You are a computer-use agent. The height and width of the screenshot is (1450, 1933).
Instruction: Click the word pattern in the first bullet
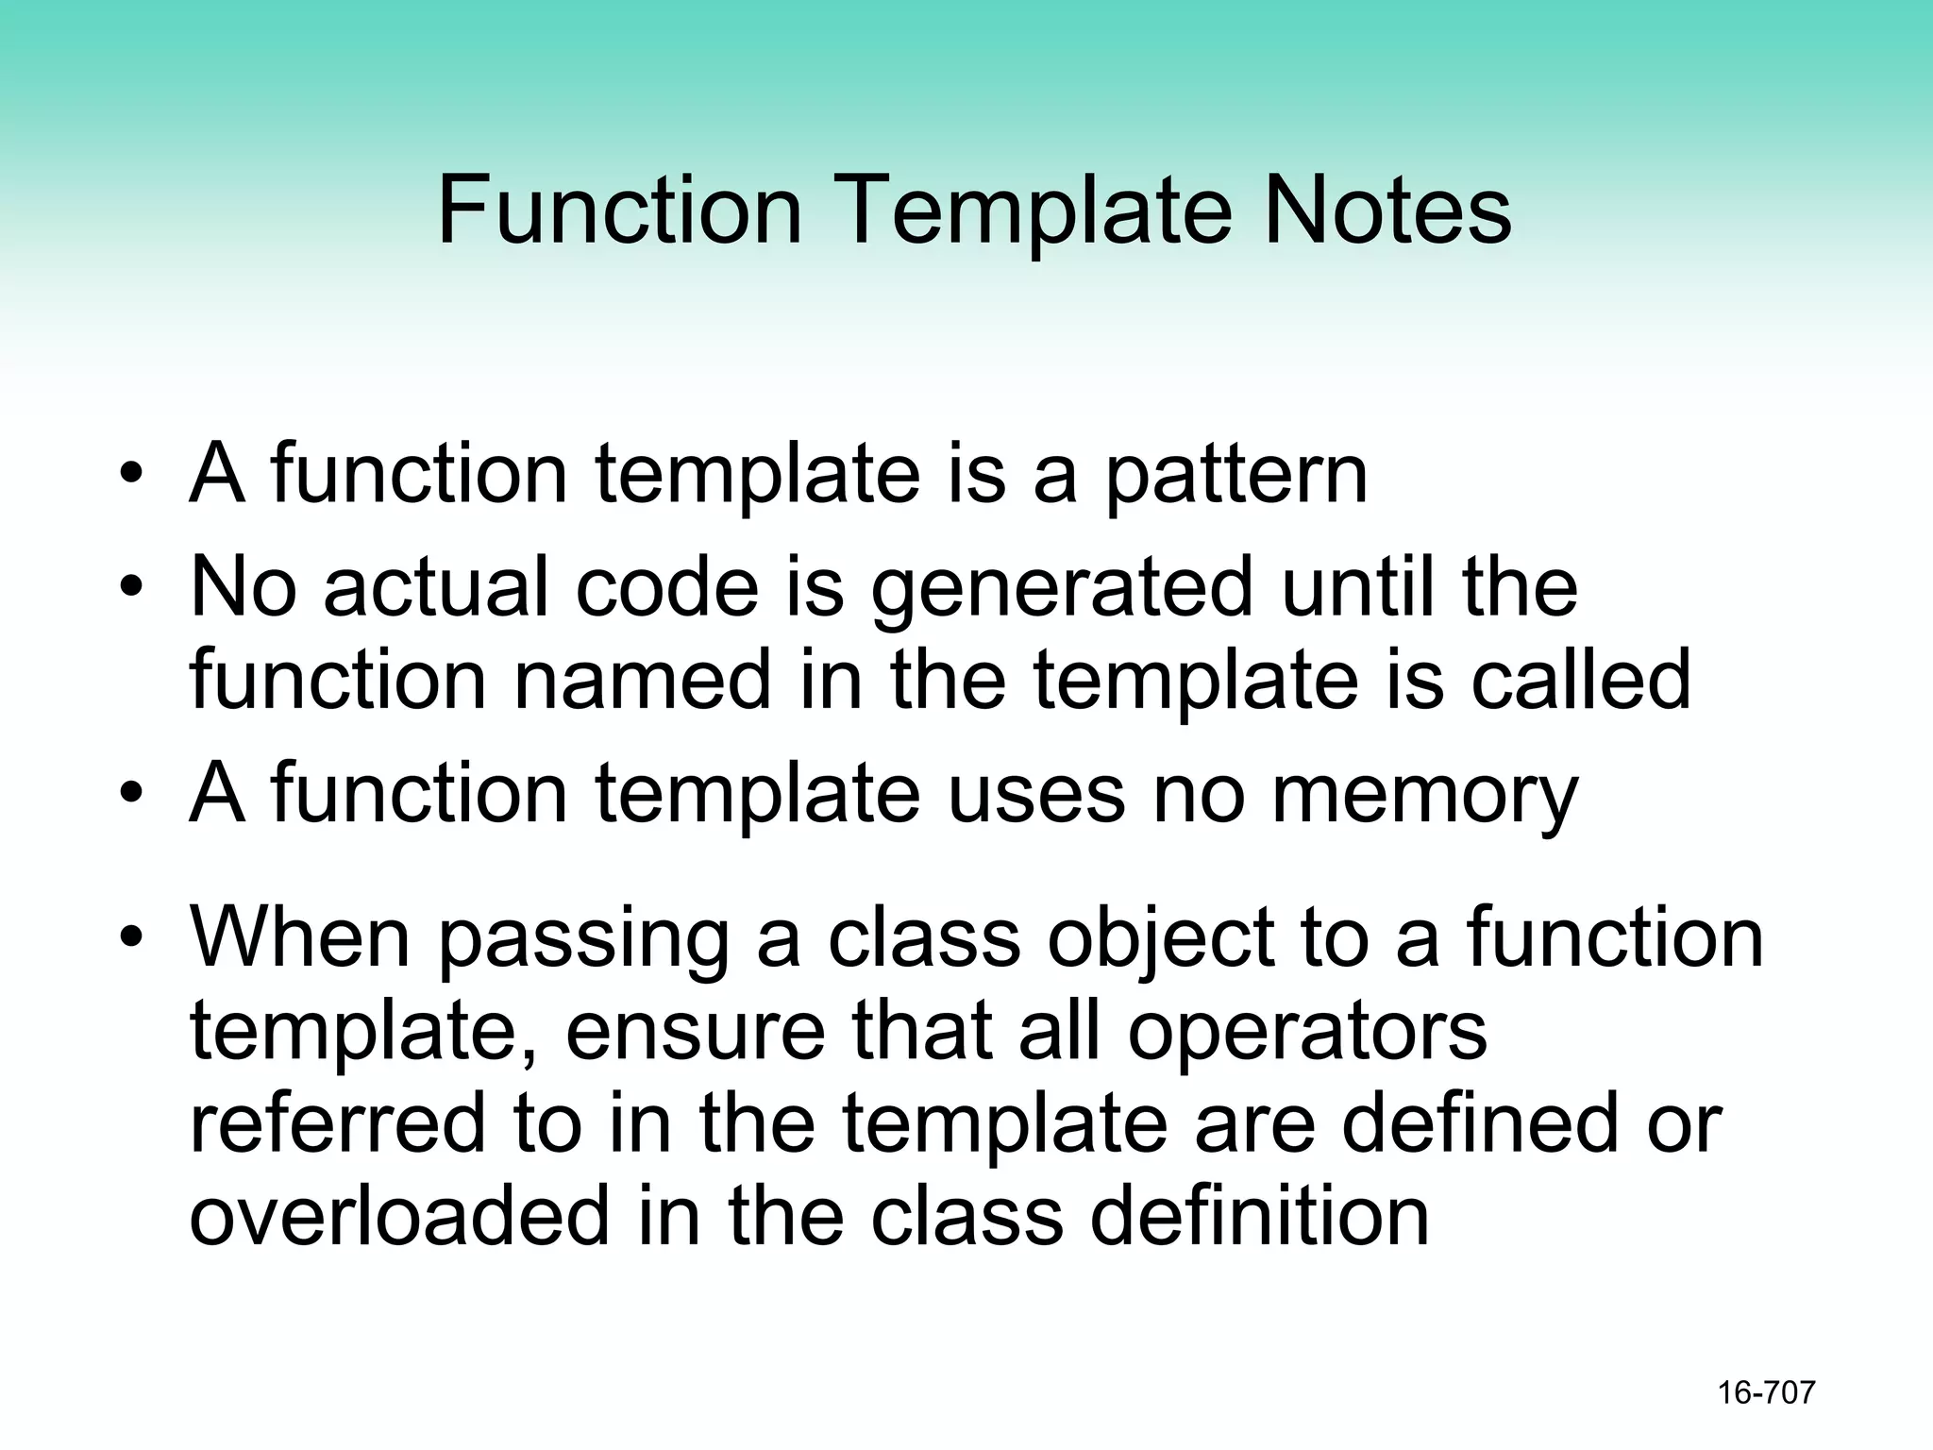click(1235, 477)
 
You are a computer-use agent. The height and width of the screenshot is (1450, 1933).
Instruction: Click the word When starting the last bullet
click(300, 938)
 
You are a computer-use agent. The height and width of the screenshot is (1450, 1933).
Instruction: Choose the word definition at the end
click(1259, 1216)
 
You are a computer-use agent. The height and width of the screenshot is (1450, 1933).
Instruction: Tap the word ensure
click(694, 1032)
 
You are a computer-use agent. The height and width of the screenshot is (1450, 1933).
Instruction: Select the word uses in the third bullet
click(1036, 796)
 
